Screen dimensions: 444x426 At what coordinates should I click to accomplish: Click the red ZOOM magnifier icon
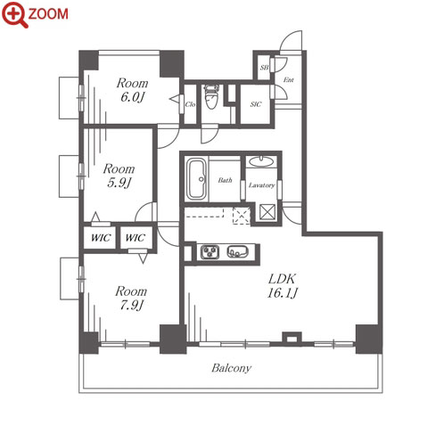click(x=15, y=14)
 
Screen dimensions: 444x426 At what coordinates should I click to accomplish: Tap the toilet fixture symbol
click(x=212, y=97)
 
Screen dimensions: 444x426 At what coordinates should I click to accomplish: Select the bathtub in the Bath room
click(x=196, y=179)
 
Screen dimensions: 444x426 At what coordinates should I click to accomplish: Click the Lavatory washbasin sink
click(x=260, y=161)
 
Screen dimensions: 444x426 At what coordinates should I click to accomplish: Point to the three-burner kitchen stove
click(x=210, y=252)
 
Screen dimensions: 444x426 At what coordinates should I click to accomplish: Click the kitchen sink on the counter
click(x=237, y=252)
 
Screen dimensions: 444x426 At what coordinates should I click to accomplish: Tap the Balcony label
click(x=231, y=368)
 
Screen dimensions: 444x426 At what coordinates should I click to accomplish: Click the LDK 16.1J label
click(x=282, y=286)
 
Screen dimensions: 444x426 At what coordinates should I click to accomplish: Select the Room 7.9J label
click(x=131, y=298)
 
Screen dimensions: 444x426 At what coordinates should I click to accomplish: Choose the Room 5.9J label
click(x=119, y=176)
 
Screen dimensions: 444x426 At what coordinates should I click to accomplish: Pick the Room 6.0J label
click(x=132, y=90)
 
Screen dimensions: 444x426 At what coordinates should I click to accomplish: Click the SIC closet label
click(x=256, y=104)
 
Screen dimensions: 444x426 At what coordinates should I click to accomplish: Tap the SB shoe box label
click(x=264, y=68)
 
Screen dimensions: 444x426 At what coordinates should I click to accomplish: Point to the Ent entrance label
click(x=289, y=79)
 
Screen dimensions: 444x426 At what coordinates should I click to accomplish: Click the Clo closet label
click(x=190, y=104)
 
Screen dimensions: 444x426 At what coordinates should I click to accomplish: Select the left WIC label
click(x=101, y=238)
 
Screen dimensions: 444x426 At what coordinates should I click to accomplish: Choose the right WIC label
click(x=136, y=238)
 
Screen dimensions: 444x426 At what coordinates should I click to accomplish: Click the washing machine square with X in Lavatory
click(x=267, y=212)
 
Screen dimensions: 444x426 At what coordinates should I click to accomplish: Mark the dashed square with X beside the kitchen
click(x=242, y=216)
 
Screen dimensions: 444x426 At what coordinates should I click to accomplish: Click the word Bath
click(x=225, y=180)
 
